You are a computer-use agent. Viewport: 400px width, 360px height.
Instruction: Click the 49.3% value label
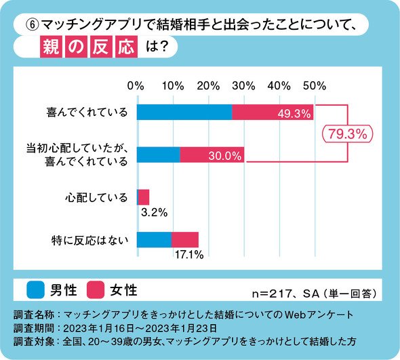[x=294, y=114]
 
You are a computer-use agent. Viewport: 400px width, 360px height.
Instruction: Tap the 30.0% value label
[x=224, y=156]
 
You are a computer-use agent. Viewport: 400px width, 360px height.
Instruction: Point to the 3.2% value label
[x=154, y=212]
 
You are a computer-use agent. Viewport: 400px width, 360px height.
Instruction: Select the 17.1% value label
[x=189, y=254]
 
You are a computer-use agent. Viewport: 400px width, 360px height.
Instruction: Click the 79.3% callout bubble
[x=347, y=134]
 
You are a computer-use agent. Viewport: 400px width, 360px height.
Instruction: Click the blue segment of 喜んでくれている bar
[x=184, y=112]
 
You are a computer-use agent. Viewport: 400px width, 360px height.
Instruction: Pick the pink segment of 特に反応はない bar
[x=185, y=240]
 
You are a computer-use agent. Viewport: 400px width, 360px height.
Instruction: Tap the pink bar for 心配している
[x=144, y=197]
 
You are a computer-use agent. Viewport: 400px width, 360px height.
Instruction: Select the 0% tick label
[x=136, y=86]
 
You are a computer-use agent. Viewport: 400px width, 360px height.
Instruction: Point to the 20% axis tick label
[x=208, y=86]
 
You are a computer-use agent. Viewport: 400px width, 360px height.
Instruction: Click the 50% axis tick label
[x=315, y=86]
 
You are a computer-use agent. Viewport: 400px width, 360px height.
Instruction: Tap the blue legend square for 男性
[x=35, y=289]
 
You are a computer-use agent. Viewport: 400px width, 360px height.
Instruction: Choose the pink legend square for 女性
[x=96, y=289]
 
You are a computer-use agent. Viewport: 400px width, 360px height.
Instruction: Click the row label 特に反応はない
[x=89, y=240]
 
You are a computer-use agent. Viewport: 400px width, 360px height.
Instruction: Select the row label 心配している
[x=96, y=198]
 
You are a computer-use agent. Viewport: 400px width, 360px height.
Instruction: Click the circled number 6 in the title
[x=33, y=25]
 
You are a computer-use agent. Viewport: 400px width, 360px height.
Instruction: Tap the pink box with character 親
[x=51, y=47]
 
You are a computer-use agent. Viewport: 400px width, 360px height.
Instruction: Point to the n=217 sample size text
[x=272, y=294]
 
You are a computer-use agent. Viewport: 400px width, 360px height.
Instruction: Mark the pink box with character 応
[x=127, y=47]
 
